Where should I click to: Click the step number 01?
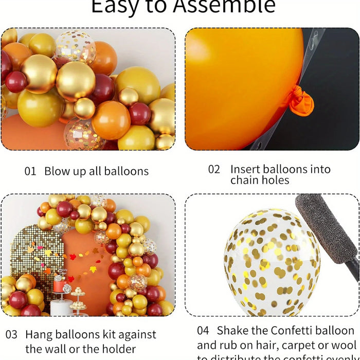tap(30, 171)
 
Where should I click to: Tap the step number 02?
tap(214, 169)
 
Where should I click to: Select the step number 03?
tap(11, 334)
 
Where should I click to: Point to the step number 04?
tap(203, 331)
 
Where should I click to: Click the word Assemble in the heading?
tap(224, 6)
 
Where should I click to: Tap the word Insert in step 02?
tap(245, 169)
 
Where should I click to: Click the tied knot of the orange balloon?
tap(300, 100)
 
